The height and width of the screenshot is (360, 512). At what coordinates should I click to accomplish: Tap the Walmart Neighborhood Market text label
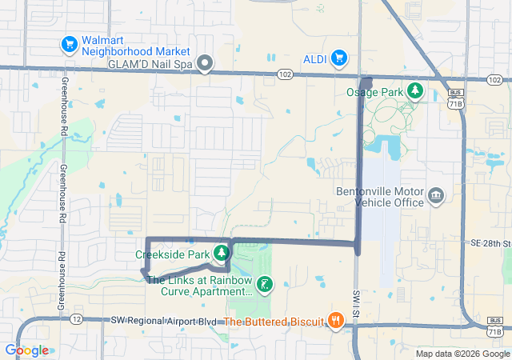coord(124,46)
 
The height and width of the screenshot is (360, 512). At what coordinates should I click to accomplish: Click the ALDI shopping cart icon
coord(339,58)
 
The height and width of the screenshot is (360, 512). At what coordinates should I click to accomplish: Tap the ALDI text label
coord(314,58)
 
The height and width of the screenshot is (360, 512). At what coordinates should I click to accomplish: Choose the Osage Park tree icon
coord(415,90)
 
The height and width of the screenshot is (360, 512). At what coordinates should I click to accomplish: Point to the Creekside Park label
coord(173,254)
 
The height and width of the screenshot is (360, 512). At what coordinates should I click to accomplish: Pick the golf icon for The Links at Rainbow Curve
coord(264,284)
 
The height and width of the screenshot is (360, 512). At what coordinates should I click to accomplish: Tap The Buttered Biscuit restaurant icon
coord(335,322)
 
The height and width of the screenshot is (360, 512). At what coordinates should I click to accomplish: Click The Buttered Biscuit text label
coord(273,322)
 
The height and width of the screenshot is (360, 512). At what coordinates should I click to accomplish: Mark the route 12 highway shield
coord(76,319)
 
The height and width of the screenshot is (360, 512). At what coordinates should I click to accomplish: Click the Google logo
coord(26,350)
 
